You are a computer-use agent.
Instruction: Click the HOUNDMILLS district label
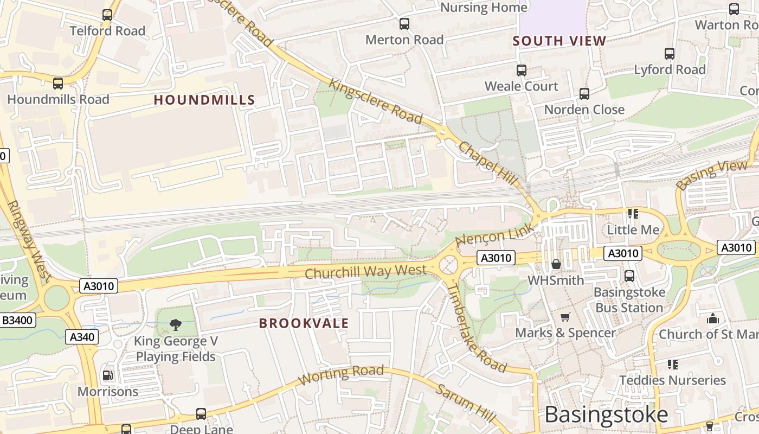point(204,100)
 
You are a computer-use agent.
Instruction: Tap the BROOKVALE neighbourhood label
point(304,323)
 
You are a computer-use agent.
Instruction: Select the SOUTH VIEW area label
point(559,41)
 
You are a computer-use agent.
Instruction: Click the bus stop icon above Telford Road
point(107,15)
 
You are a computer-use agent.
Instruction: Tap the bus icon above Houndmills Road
point(58,84)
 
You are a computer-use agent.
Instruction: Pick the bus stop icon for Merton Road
point(404,24)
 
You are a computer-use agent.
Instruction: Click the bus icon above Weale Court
point(521,71)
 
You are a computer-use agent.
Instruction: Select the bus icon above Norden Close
point(584,94)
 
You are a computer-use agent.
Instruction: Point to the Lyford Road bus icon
point(670,54)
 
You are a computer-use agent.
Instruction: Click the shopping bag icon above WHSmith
point(556,265)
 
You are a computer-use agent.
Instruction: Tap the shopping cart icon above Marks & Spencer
point(565,317)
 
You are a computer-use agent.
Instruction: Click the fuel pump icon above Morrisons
point(108,375)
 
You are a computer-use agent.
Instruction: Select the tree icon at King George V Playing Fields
point(175,325)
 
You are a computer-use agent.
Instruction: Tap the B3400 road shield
point(17,320)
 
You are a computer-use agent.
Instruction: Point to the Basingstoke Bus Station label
point(629,299)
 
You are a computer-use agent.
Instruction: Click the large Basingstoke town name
point(606,414)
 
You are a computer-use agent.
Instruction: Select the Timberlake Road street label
point(475,328)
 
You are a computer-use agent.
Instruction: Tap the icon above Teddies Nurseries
point(672,365)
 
